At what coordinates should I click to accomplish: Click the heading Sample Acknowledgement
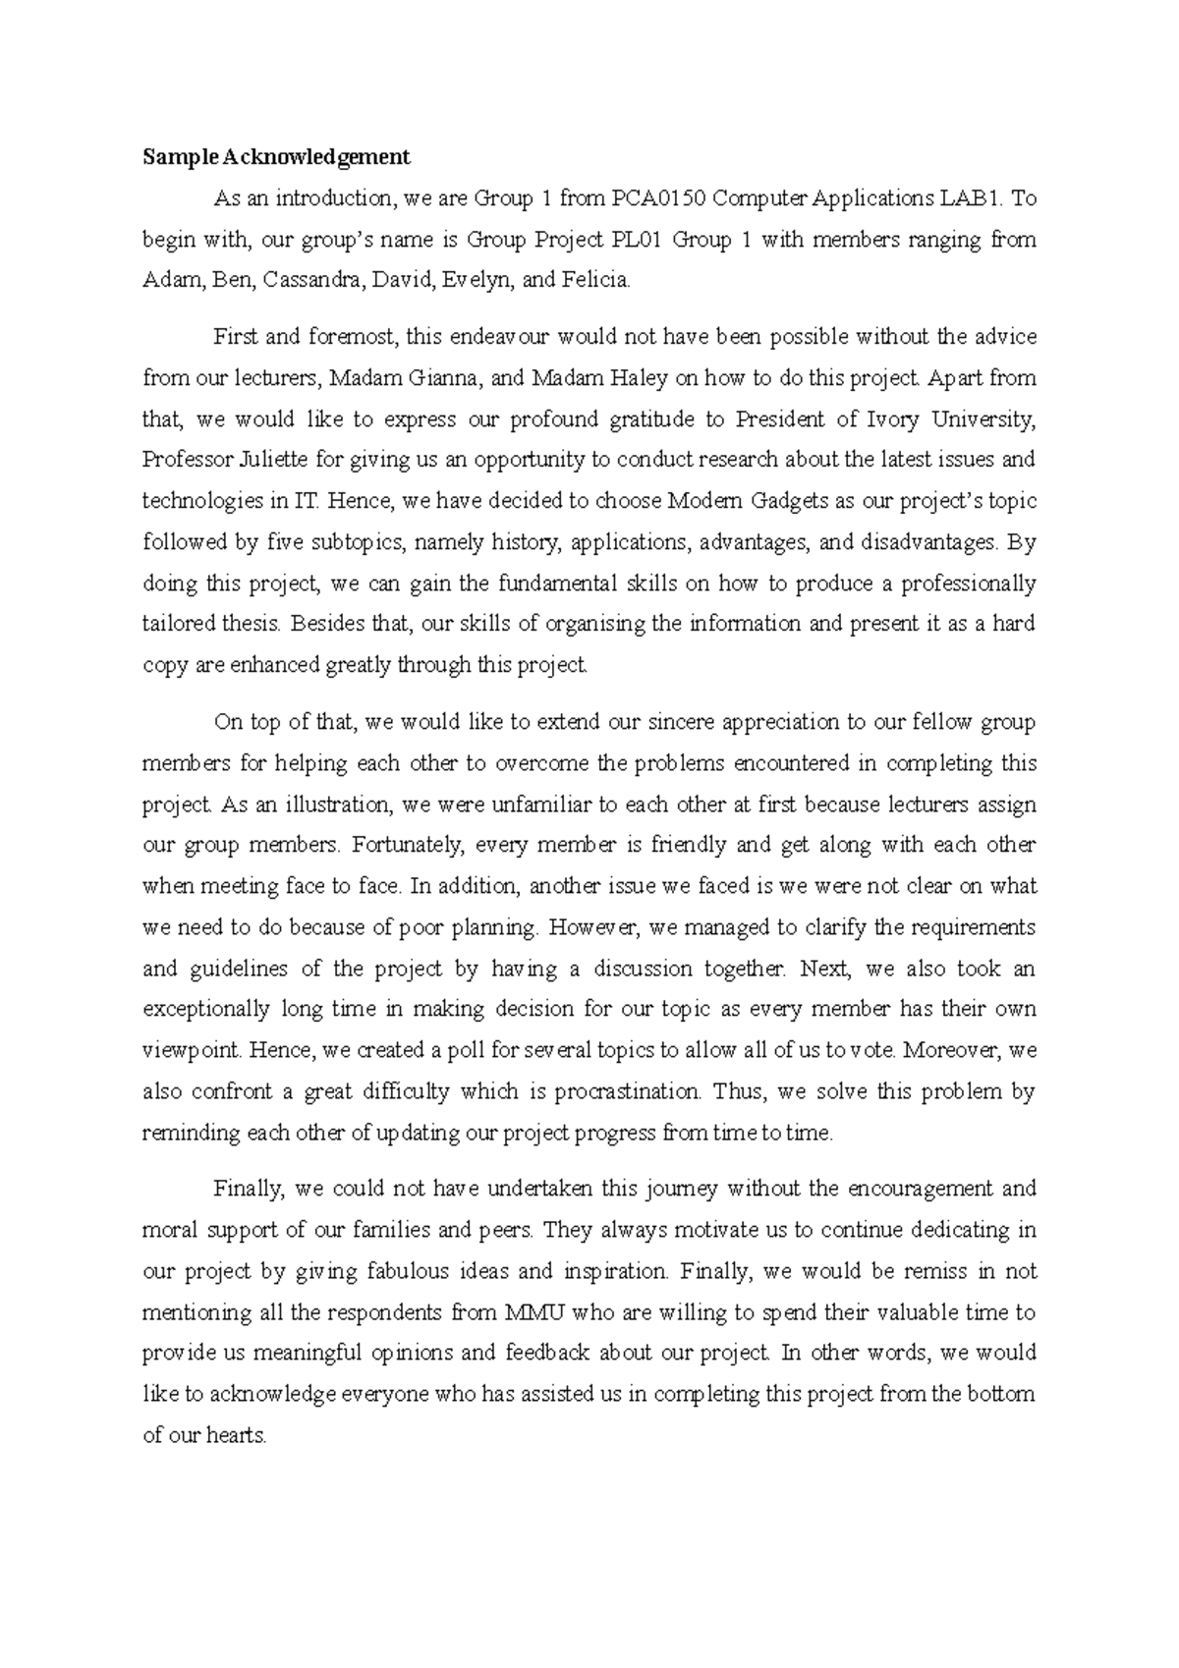276,156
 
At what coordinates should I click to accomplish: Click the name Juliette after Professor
261,460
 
